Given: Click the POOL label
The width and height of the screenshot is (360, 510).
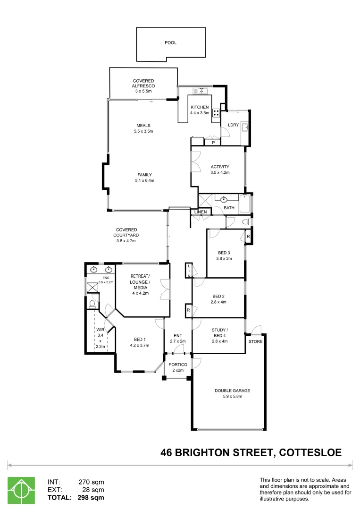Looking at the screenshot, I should (170, 42).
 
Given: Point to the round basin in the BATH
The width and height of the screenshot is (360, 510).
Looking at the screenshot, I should (224, 199).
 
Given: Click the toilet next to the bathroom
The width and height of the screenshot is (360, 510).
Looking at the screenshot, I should (244, 222).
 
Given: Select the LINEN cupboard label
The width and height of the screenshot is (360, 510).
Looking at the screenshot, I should (200, 212).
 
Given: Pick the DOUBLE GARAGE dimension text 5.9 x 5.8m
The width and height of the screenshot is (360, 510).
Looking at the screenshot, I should (232, 397).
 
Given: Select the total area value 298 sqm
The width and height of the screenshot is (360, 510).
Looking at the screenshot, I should (91, 497).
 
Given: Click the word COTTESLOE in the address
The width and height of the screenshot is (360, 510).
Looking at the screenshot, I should (310, 452).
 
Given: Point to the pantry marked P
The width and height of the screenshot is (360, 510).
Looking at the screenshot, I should (213, 142).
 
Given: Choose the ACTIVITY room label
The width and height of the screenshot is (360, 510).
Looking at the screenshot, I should (220, 167).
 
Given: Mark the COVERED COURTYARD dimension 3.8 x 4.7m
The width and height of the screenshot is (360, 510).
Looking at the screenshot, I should (126, 241).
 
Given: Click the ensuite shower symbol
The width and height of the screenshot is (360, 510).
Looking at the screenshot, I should (90, 286).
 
